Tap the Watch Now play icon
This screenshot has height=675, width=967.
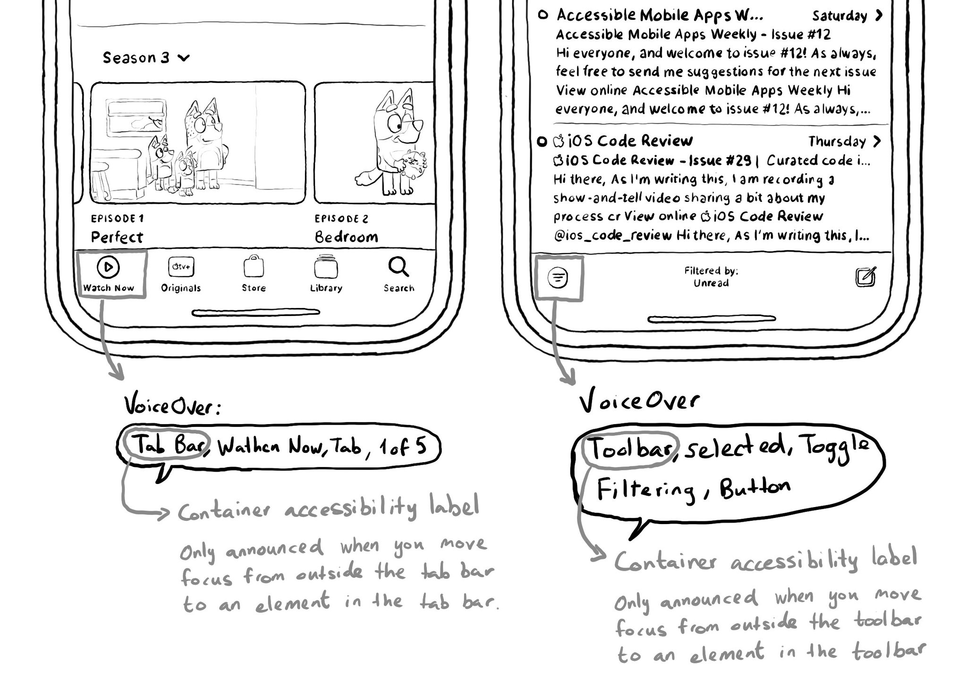click(x=108, y=267)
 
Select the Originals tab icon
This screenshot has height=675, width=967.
click(x=181, y=267)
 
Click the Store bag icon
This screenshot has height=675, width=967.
click(x=254, y=267)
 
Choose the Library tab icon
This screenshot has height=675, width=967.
click(x=326, y=267)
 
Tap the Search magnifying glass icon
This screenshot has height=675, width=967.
click(x=399, y=267)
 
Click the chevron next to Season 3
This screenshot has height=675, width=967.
click(x=184, y=58)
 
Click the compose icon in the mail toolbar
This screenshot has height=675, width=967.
click(x=866, y=277)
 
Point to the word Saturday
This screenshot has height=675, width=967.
click(x=840, y=16)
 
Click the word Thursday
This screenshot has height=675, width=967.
click(x=837, y=142)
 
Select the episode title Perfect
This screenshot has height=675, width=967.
click(x=117, y=237)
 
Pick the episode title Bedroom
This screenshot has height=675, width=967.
click(x=347, y=237)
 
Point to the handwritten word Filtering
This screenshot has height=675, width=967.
click(x=646, y=491)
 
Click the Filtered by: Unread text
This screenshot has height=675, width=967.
click(x=711, y=277)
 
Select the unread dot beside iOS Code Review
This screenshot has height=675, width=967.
click(x=542, y=141)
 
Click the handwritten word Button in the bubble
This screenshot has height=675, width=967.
click(x=755, y=488)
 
